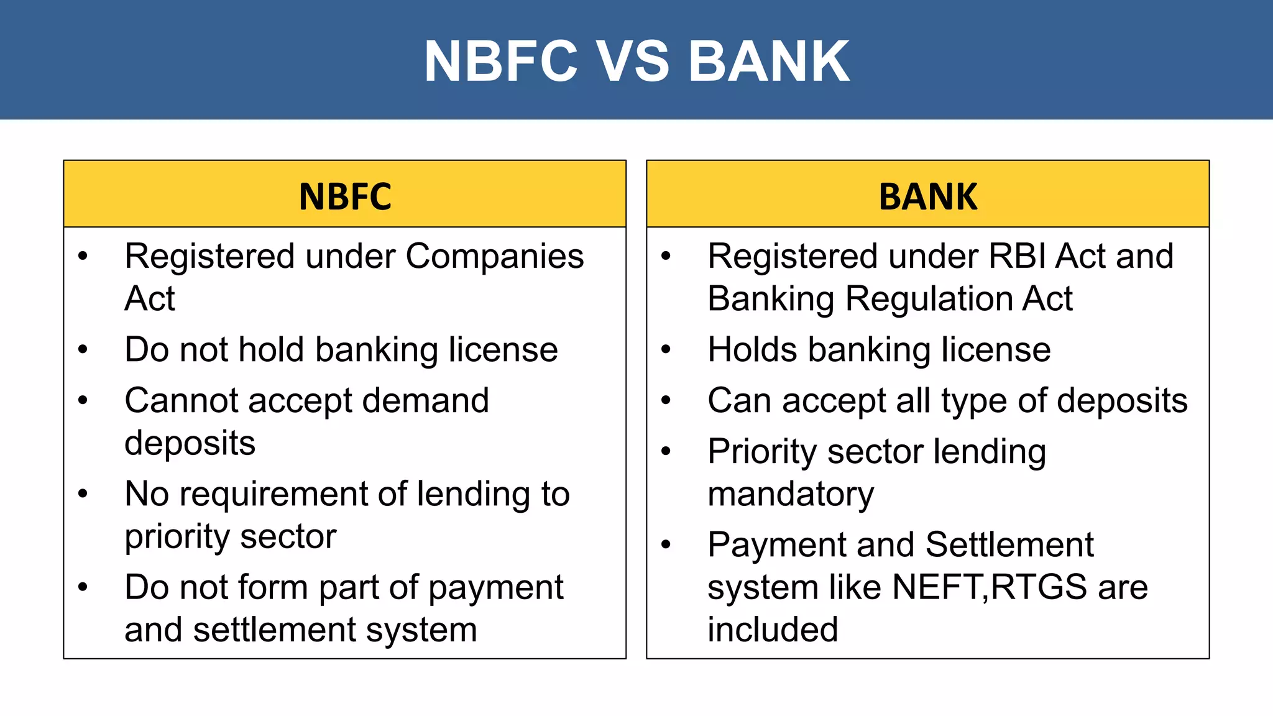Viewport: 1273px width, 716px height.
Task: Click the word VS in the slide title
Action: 633,61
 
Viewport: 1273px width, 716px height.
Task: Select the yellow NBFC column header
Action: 345,196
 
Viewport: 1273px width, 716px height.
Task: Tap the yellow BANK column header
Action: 928,196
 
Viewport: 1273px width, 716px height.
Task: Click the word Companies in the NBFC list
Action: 494,257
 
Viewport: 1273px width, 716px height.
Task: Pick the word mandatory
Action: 791,494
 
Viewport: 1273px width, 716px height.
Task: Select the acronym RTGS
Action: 1039,587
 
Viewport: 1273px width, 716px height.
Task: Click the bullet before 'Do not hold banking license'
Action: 83,350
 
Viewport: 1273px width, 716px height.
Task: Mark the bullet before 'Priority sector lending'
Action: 666,452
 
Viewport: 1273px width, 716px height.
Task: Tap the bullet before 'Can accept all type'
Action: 666,401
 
